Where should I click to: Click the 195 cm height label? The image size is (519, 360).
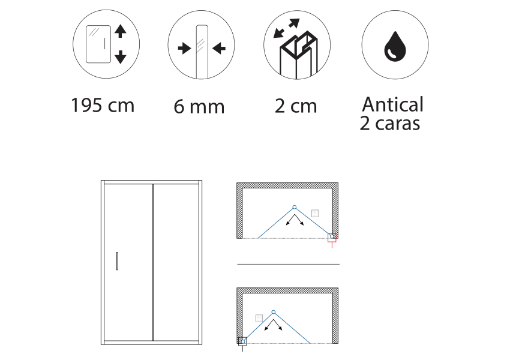click(102, 106)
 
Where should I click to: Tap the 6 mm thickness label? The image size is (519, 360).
click(199, 107)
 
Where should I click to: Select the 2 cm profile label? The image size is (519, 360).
click(296, 107)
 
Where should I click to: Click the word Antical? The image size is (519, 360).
click(392, 104)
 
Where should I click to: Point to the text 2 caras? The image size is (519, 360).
click(389, 124)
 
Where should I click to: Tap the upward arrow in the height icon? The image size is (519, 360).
click(120, 32)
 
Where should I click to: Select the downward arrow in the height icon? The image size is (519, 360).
click(120, 57)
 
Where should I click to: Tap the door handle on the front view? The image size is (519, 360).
click(118, 261)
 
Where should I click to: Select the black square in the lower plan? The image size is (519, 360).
click(242, 341)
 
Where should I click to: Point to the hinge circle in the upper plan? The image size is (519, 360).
click(294, 207)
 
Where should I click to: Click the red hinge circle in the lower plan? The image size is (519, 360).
click(274, 311)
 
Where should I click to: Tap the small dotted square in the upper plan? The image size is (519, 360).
click(315, 213)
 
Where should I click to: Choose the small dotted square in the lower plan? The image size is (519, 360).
click(259, 318)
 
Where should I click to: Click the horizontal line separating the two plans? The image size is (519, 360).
click(288, 264)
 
